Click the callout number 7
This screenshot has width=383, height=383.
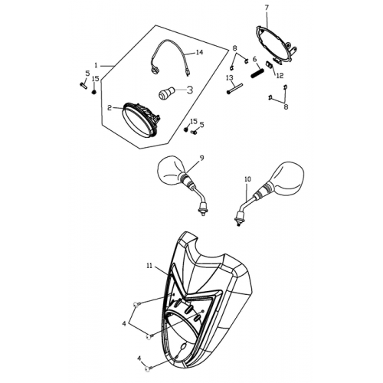click(267, 8)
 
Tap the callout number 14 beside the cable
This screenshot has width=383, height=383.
click(199, 52)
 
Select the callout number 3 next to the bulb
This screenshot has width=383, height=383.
click(190, 90)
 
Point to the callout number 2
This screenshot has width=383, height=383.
click(110, 108)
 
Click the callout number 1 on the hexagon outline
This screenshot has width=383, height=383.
click(96, 66)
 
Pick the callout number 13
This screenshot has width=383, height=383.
click(230, 78)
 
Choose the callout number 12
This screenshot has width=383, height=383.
click(280, 76)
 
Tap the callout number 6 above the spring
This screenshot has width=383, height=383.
click(254, 59)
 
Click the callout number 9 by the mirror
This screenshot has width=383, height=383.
click(201, 158)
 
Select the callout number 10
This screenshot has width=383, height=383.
click(247, 179)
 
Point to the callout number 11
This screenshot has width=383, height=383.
click(149, 266)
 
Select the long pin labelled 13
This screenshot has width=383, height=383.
click(234, 89)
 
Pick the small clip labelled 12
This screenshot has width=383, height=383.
click(270, 64)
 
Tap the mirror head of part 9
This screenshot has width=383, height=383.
click(169, 171)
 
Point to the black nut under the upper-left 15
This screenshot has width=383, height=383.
click(94, 92)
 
